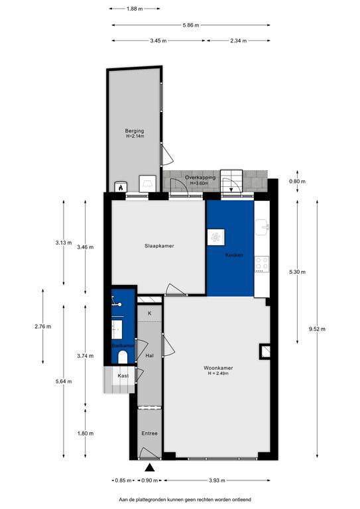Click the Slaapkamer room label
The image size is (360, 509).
159,246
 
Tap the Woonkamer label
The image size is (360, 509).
218,368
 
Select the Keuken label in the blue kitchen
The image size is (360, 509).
234,255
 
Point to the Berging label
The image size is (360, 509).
135,131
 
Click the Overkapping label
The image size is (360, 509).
200,178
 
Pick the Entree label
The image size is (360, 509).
149,433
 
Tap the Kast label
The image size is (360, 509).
123,376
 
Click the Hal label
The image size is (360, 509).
149,356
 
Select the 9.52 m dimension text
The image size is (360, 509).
317,329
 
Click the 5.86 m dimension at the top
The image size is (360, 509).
191,25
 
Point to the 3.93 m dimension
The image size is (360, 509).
217,481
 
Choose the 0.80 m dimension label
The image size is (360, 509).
298,182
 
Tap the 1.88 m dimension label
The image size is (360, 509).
135,9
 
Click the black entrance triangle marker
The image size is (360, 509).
149,467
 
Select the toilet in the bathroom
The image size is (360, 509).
123,357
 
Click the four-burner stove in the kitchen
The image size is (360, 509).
262,264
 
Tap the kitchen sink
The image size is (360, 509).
262,227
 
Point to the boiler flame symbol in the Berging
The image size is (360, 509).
121,188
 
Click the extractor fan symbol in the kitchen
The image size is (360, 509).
216,237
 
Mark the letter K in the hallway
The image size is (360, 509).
150,313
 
